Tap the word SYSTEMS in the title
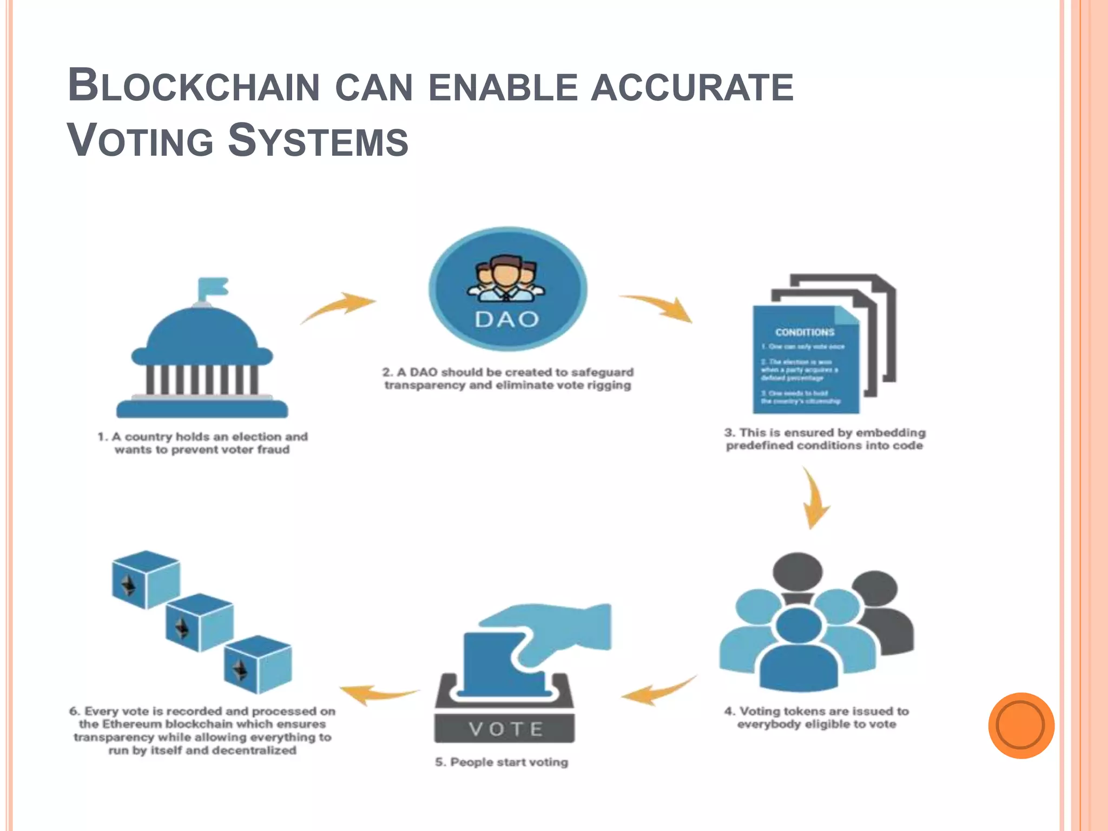click(x=318, y=141)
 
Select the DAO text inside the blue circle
click(x=507, y=320)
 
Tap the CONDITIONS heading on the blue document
click(x=804, y=332)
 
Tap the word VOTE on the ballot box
click(x=505, y=729)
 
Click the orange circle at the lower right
click(x=1021, y=726)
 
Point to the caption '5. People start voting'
click(x=502, y=762)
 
